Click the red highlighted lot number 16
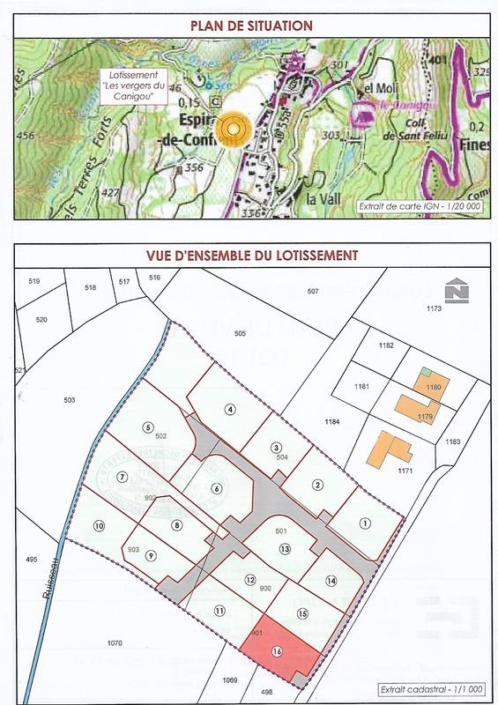(x=278, y=652)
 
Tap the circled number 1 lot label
(x=364, y=523)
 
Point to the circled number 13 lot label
(x=285, y=548)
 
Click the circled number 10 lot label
(x=100, y=527)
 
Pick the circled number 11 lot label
(x=219, y=610)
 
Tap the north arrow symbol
(x=457, y=292)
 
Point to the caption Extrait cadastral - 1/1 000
(x=427, y=689)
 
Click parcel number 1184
(x=331, y=423)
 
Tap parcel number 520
(x=41, y=319)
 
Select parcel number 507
(x=312, y=291)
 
